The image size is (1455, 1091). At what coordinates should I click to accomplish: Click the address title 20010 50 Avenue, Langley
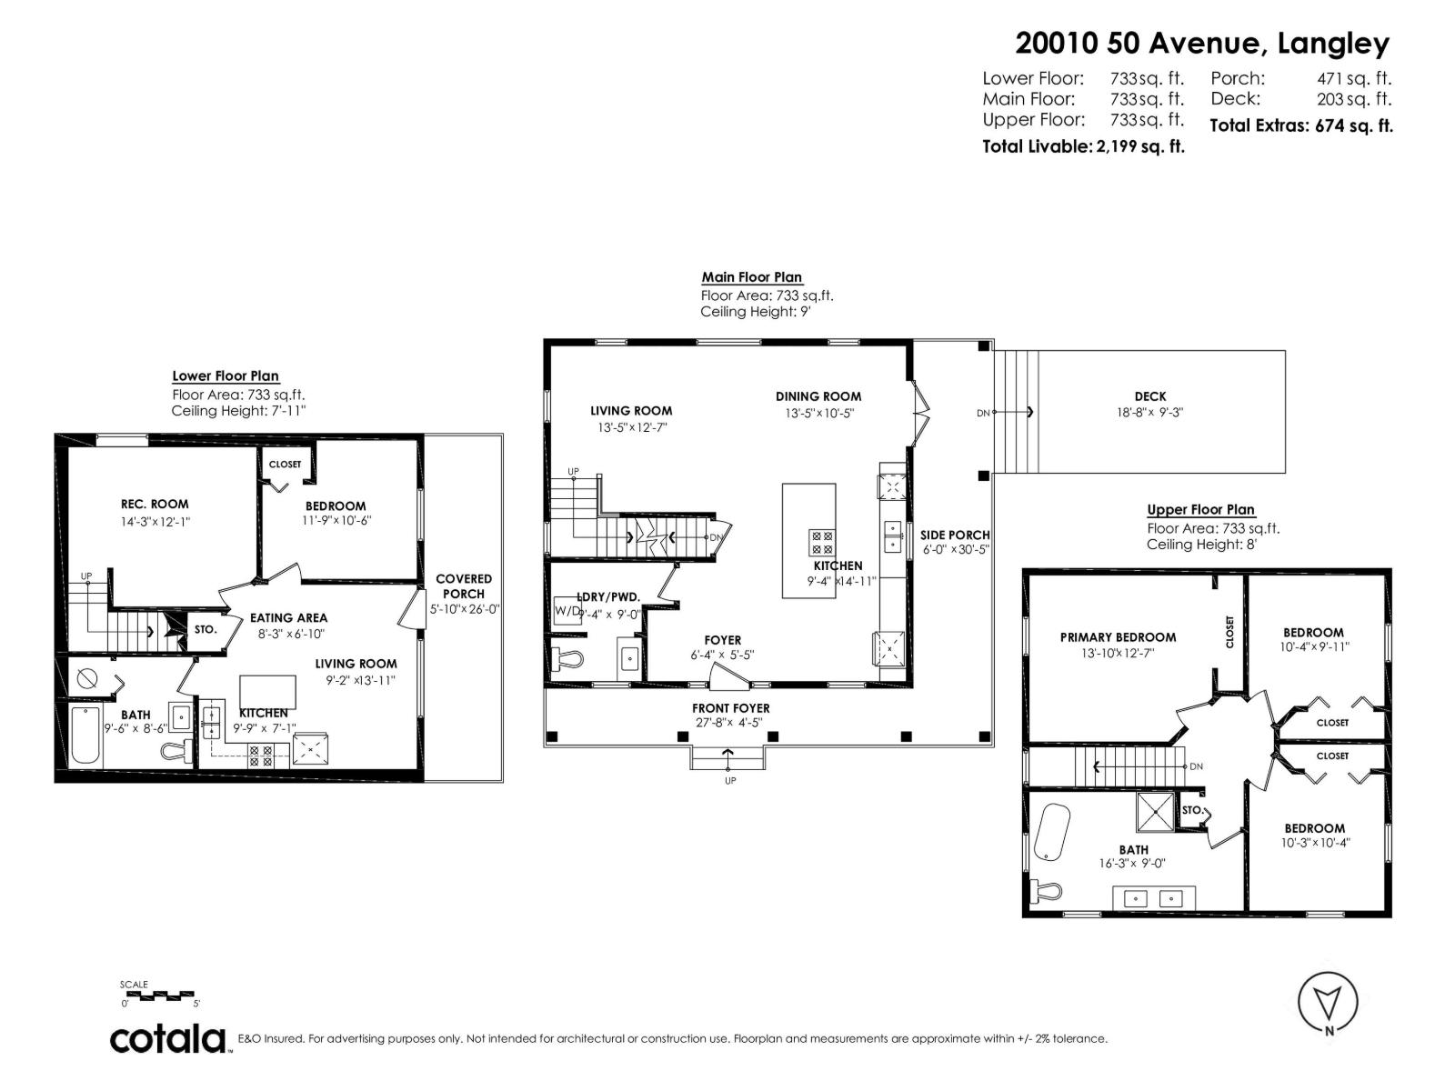(1202, 44)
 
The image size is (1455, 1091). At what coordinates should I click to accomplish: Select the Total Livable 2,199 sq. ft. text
(1083, 146)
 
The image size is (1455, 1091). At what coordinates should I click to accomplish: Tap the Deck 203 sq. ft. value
(1353, 99)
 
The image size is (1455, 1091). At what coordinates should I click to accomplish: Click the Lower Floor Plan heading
(226, 375)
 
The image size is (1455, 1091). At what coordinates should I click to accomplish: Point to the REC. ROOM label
(155, 504)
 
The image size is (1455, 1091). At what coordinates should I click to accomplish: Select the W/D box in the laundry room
(567, 610)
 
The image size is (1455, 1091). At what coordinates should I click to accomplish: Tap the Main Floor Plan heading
(751, 277)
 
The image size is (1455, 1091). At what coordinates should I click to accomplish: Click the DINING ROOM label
(818, 396)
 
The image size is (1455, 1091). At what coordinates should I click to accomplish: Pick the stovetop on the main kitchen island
(821, 543)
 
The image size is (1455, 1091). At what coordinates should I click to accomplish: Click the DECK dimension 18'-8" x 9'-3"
(1149, 412)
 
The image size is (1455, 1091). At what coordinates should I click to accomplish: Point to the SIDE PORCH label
(955, 535)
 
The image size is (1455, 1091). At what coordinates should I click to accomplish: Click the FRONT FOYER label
(730, 708)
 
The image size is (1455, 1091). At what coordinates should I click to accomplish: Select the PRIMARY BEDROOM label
(1118, 637)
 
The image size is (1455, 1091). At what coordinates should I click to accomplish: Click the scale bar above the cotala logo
(159, 995)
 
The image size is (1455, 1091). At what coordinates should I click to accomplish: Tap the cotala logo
(168, 1038)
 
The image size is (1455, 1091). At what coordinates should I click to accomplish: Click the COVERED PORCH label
(464, 586)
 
